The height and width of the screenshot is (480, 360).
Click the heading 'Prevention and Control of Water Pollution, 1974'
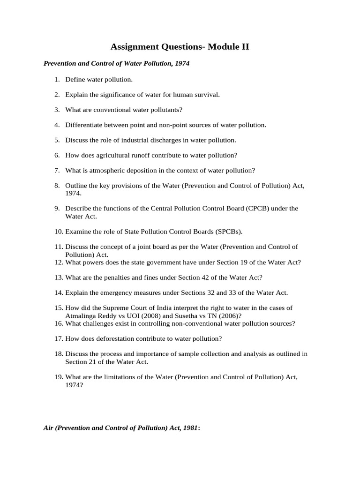pyautogui.click(x=116, y=63)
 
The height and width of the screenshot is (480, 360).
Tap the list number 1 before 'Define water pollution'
pyautogui.click(x=56, y=80)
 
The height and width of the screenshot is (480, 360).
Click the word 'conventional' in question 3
pyautogui.click(x=115, y=110)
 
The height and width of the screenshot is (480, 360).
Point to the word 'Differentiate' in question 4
pyautogui.click(x=84, y=125)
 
